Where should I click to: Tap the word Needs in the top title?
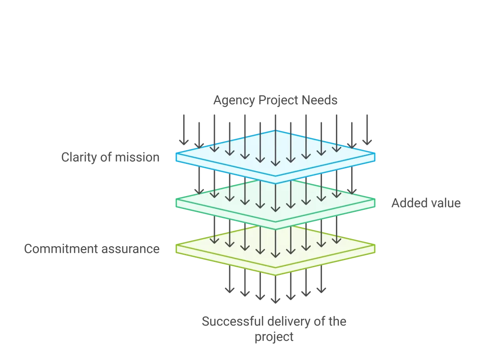point(320,100)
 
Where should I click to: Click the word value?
point(444,203)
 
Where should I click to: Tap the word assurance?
point(130,249)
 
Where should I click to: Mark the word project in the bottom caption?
point(274,337)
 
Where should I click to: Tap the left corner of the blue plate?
point(176,153)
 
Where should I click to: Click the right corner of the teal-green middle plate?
point(375,199)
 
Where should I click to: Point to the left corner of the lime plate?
point(176,245)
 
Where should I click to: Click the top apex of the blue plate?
point(275,131)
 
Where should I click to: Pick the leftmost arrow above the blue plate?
point(184,130)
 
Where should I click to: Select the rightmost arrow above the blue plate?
point(367,130)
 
